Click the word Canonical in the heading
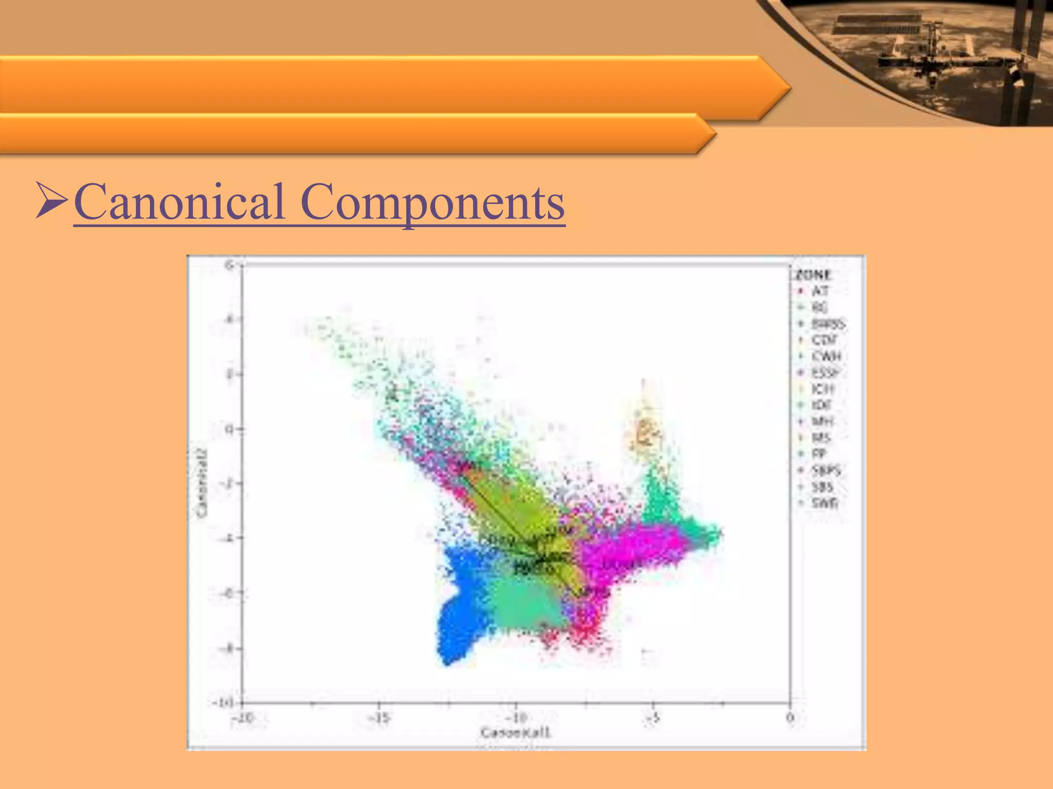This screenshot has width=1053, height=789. pos(179,202)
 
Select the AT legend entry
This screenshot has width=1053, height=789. pos(820,291)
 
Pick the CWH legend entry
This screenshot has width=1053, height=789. pos(826,356)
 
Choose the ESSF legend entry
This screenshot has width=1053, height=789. pos(826,372)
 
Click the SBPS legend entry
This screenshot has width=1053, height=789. pos(826,470)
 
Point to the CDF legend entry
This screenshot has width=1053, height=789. pos(824,340)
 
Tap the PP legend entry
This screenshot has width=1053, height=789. pos(819,454)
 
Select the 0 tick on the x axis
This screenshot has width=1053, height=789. pos(790,718)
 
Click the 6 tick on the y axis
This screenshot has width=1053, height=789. pos(230,265)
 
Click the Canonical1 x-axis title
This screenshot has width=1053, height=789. pos(515,732)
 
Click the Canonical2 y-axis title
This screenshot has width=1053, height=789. pos(202,483)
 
